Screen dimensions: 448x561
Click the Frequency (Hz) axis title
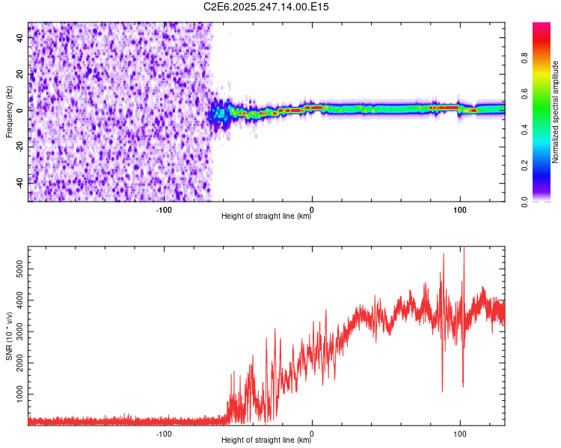pos(9,112)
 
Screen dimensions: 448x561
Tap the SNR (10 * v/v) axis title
pos(9,336)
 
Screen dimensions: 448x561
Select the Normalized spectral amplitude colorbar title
pos(556,112)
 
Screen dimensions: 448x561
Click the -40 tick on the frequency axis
pos(19,181)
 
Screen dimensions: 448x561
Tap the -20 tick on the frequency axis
pos(19,146)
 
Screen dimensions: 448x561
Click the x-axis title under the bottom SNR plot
pos(266,441)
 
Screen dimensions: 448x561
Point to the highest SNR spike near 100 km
pos(464,249)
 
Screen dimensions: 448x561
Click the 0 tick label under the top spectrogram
pos(312,209)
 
